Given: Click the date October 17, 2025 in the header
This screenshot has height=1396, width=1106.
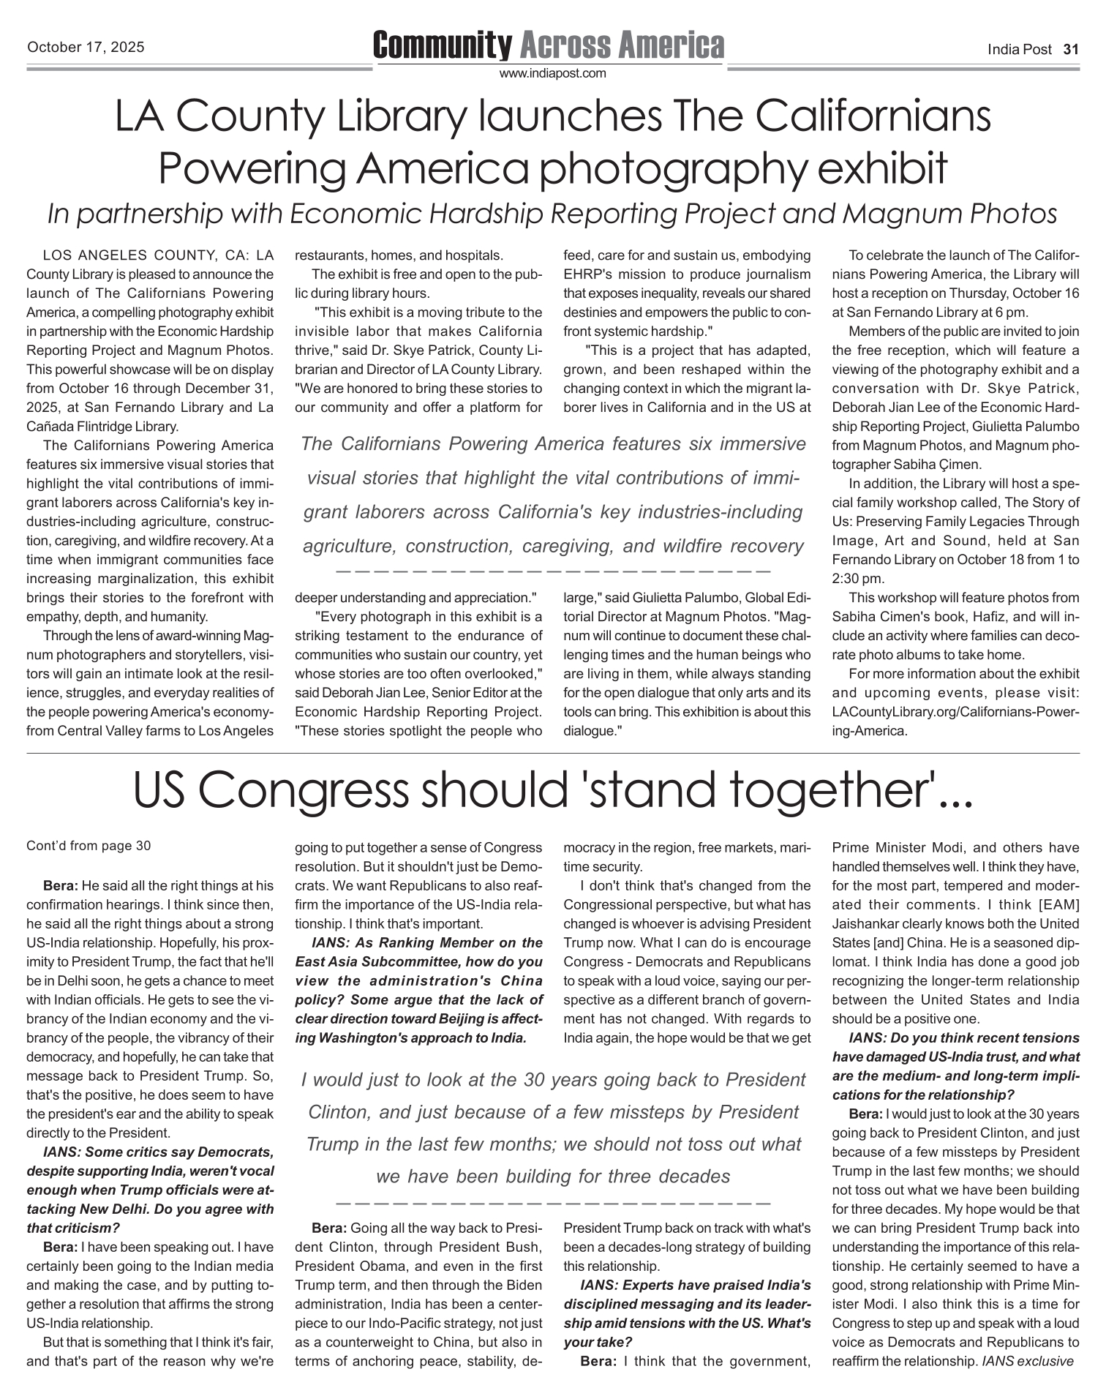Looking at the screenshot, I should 86,48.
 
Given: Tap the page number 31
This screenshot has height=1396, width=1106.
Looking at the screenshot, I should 1071,50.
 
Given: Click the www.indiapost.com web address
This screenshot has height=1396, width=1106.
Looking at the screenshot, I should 552,73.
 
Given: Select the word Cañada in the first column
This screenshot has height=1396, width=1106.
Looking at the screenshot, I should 48,427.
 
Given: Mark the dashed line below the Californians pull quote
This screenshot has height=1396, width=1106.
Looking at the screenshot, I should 552,570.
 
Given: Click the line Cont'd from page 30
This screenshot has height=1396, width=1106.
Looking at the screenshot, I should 89,847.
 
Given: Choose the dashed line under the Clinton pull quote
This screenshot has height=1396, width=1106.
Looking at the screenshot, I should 552,1202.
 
